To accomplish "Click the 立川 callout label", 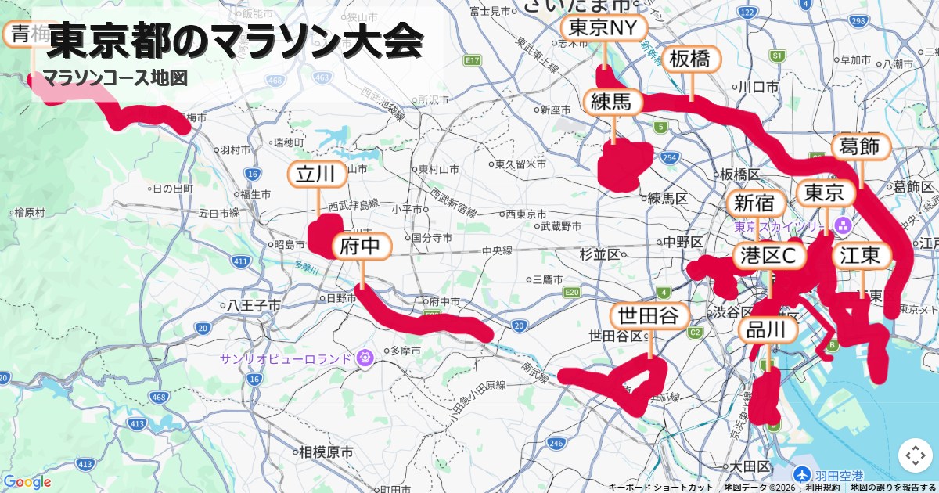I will (318, 175).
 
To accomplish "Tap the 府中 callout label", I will (362, 247).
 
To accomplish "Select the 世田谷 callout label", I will (649, 316).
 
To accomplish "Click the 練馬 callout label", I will (613, 102).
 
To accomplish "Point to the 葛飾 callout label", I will (860, 146).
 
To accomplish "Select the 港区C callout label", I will (769, 255).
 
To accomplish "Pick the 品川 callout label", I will (768, 330).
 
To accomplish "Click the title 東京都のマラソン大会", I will (235, 42).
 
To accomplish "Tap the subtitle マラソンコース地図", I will (116, 78).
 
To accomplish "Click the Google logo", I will (27, 482).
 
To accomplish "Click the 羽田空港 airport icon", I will (801, 474).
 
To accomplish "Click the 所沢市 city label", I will (427, 99).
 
